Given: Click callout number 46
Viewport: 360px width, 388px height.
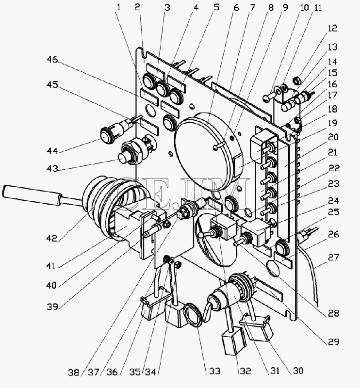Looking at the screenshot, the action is pyautogui.click(x=52, y=60).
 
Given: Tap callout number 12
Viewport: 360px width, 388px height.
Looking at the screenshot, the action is pyautogui.click(x=332, y=28).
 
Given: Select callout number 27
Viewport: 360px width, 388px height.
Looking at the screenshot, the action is pyautogui.click(x=333, y=257).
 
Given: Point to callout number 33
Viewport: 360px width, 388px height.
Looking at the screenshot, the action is pyautogui.click(x=214, y=371).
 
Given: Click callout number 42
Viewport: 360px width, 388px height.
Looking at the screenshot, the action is pyautogui.click(x=52, y=238).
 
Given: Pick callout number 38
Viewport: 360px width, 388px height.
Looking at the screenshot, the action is pyautogui.click(x=74, y=372).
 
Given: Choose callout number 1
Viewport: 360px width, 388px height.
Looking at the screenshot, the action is pyautogui.click(x=119, y=7).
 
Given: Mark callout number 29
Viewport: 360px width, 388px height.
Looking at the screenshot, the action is pyautogui.click(x=333, y=342).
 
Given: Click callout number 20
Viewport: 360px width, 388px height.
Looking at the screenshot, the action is pyautogui.click(x=333, y=137).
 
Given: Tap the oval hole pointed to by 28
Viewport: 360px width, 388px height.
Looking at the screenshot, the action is pyautogui.click(x=273, y=269).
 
